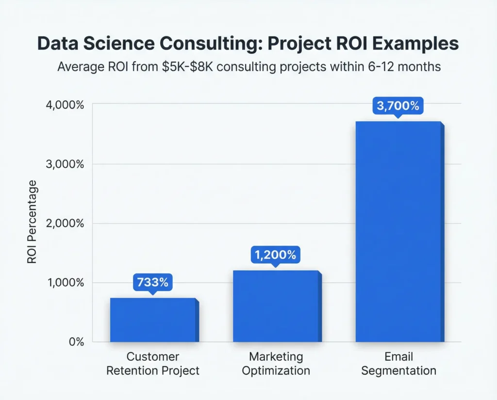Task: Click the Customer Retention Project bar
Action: coord(153,320)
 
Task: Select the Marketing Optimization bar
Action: coord(275,306)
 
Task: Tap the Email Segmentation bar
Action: coord(398,232)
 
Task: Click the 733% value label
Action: coord(151,283)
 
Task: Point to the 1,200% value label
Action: coord(275,255)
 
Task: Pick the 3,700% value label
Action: coord(398,106)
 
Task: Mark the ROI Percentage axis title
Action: coord(32,222)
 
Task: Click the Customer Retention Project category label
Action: coord(153,364)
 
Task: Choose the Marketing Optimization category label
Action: coord(276,364)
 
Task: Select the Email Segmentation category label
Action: coord(398,364)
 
